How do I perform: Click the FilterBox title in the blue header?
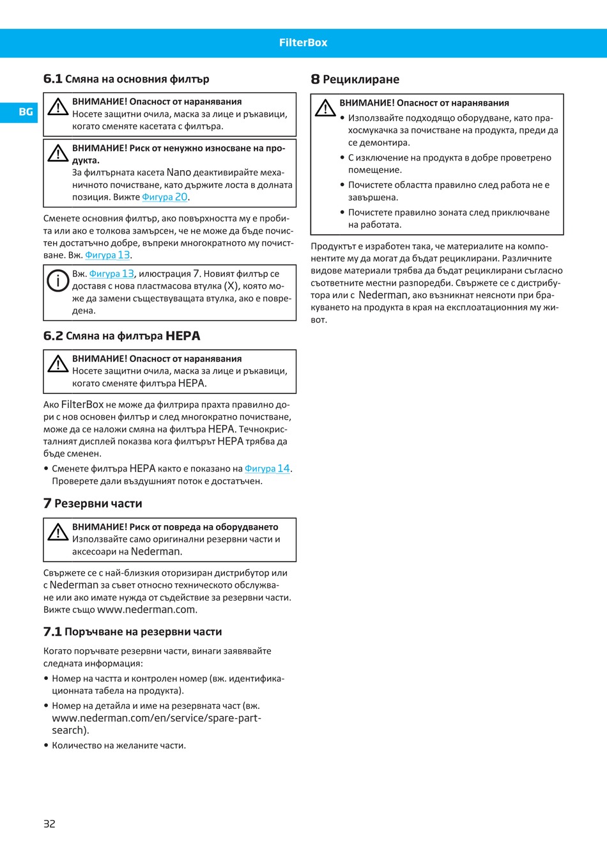point(303,43)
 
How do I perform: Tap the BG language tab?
point(26,112)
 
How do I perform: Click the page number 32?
point(49,824)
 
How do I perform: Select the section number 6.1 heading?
point(53,79)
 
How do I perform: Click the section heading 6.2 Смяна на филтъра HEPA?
point(121,336)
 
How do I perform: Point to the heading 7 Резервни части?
point(93,503)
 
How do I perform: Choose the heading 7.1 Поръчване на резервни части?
point(132,632)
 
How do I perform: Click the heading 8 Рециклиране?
point(355,79)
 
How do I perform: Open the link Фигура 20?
point(165,197)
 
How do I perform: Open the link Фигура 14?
point(268,469)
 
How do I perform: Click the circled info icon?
point(58,280)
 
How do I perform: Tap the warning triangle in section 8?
point(325,108)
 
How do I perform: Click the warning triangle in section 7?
point(58,532)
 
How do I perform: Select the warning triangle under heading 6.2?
point(58,364)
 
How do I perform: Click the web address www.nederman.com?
point(146,610)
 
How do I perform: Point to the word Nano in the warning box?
point(179,173)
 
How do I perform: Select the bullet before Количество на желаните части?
point(46,745)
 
